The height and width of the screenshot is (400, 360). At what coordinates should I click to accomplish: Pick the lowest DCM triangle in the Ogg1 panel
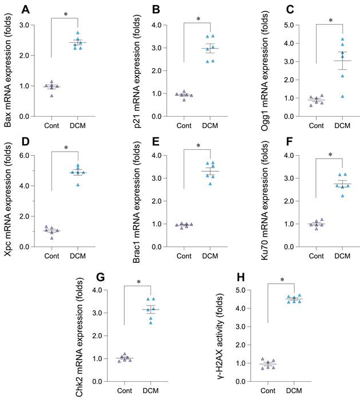(x=342, y=96)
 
